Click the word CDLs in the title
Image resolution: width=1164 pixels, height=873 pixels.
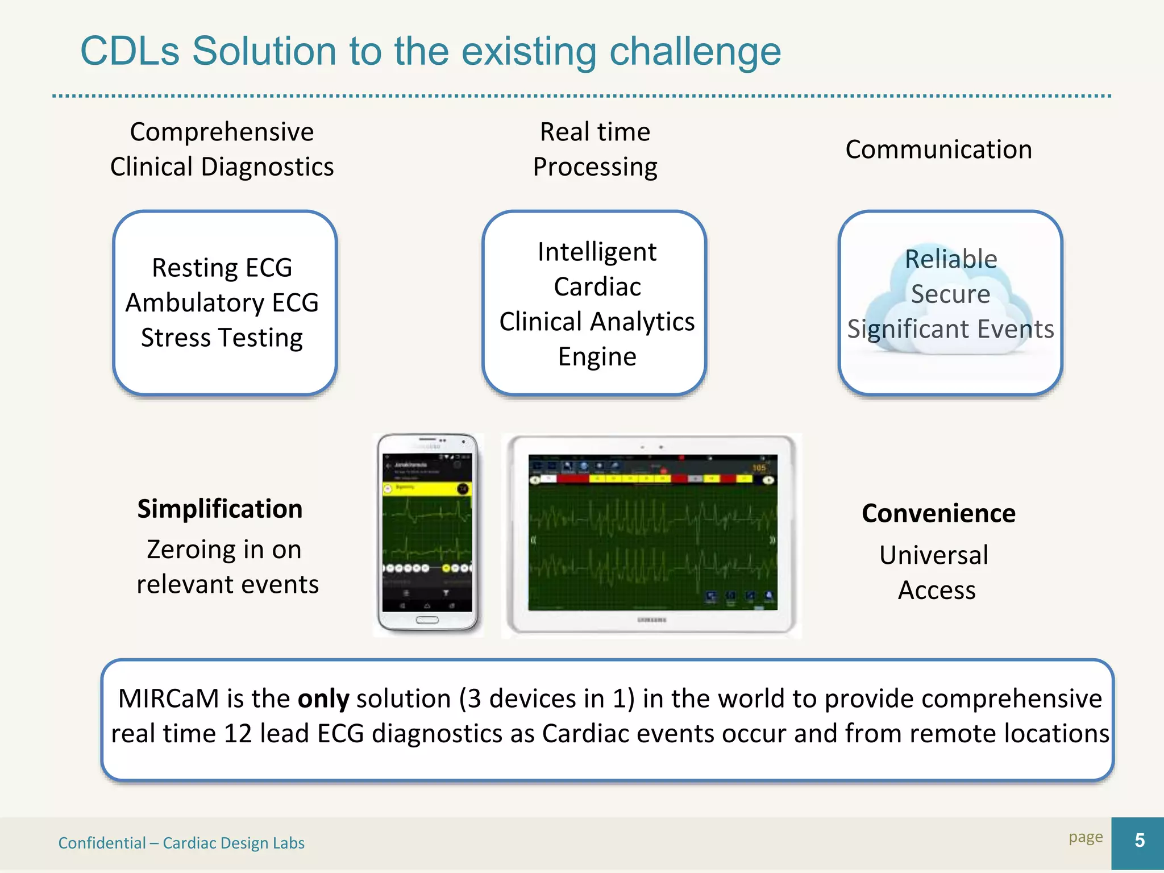130,51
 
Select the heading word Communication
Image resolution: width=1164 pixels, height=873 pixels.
938,149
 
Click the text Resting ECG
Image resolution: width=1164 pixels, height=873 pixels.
222,268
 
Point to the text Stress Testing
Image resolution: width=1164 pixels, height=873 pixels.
222,338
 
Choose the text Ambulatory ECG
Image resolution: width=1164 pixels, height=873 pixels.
222,302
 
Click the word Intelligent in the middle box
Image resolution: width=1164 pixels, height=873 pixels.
597,252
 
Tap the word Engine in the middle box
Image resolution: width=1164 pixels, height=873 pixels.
597,357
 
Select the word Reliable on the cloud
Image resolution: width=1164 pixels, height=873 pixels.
951,259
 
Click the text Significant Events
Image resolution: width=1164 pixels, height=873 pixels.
950,329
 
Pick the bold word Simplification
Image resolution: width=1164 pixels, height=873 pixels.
220,509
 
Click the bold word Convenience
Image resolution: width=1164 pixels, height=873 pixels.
938,513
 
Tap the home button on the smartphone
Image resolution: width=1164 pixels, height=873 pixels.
427,620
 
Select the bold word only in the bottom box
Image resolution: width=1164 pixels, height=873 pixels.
323,699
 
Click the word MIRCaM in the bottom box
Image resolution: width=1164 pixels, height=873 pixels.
168,699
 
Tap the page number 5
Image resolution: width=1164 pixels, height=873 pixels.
1139,841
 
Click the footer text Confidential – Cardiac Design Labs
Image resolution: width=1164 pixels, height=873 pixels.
181,843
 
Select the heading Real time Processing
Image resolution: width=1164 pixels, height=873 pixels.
595,149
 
